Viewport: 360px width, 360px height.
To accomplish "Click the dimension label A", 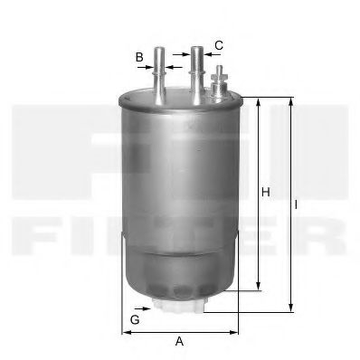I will click(179, 341).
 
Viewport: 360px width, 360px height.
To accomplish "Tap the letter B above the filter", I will click(139, 57).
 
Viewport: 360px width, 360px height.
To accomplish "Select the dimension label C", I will click(218, 44).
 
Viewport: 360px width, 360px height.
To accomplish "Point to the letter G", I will click(135, 320).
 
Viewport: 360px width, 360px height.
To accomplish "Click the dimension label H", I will click(265, 192).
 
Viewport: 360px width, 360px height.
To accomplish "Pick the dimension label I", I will click(296, 205).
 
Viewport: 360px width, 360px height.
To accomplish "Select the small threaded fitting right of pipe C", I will click(217, 86).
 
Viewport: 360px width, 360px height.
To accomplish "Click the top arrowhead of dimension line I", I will click(290, 101).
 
